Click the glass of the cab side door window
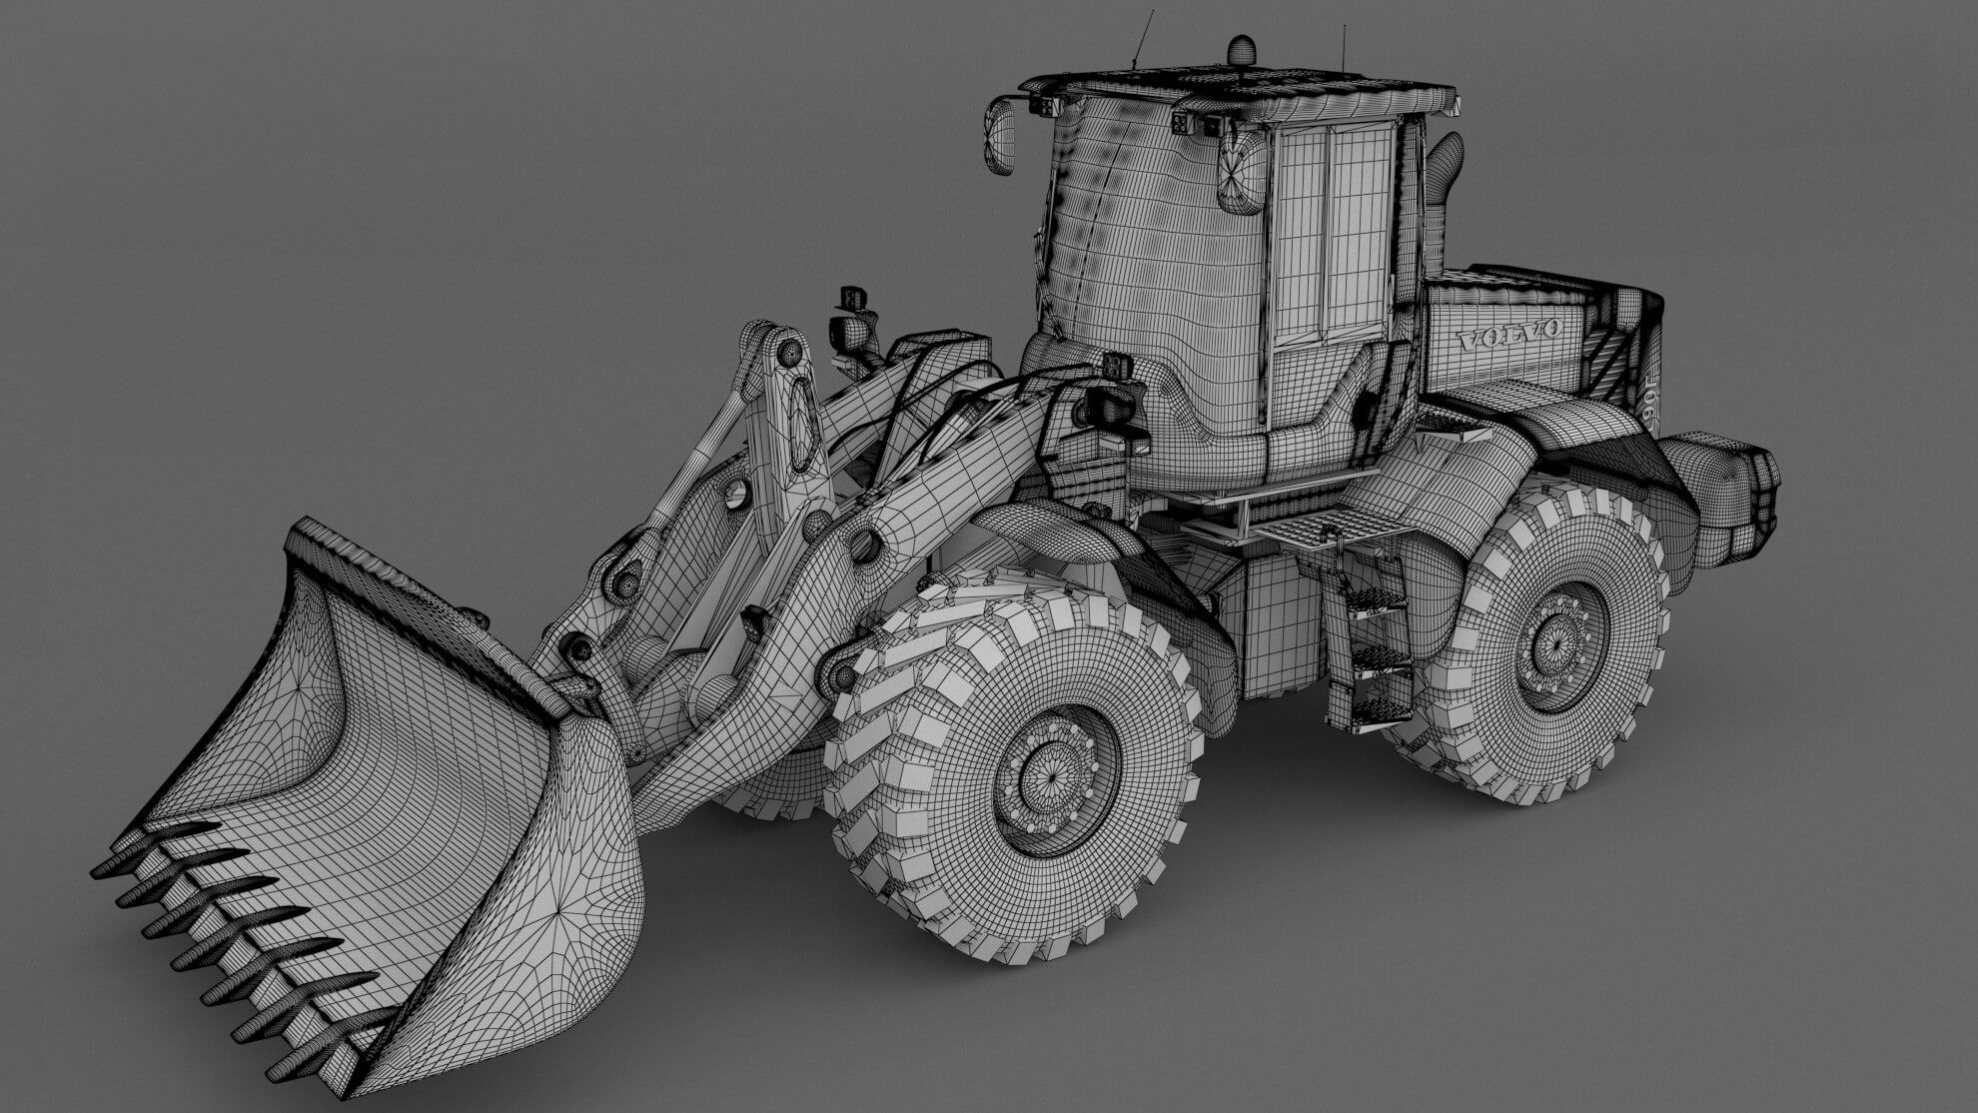(x=1334, y=235)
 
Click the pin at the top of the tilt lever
(x=789, y=352)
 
